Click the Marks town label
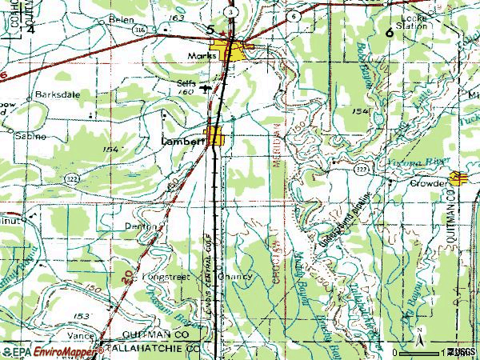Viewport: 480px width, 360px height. (x=201, y=56)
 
